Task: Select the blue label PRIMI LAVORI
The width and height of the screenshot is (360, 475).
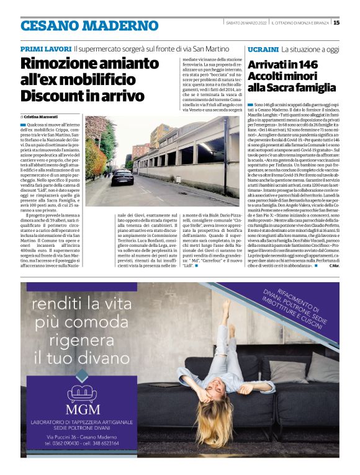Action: click(x=45, y=48)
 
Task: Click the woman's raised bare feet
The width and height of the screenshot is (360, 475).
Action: click(x=228, y=307)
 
